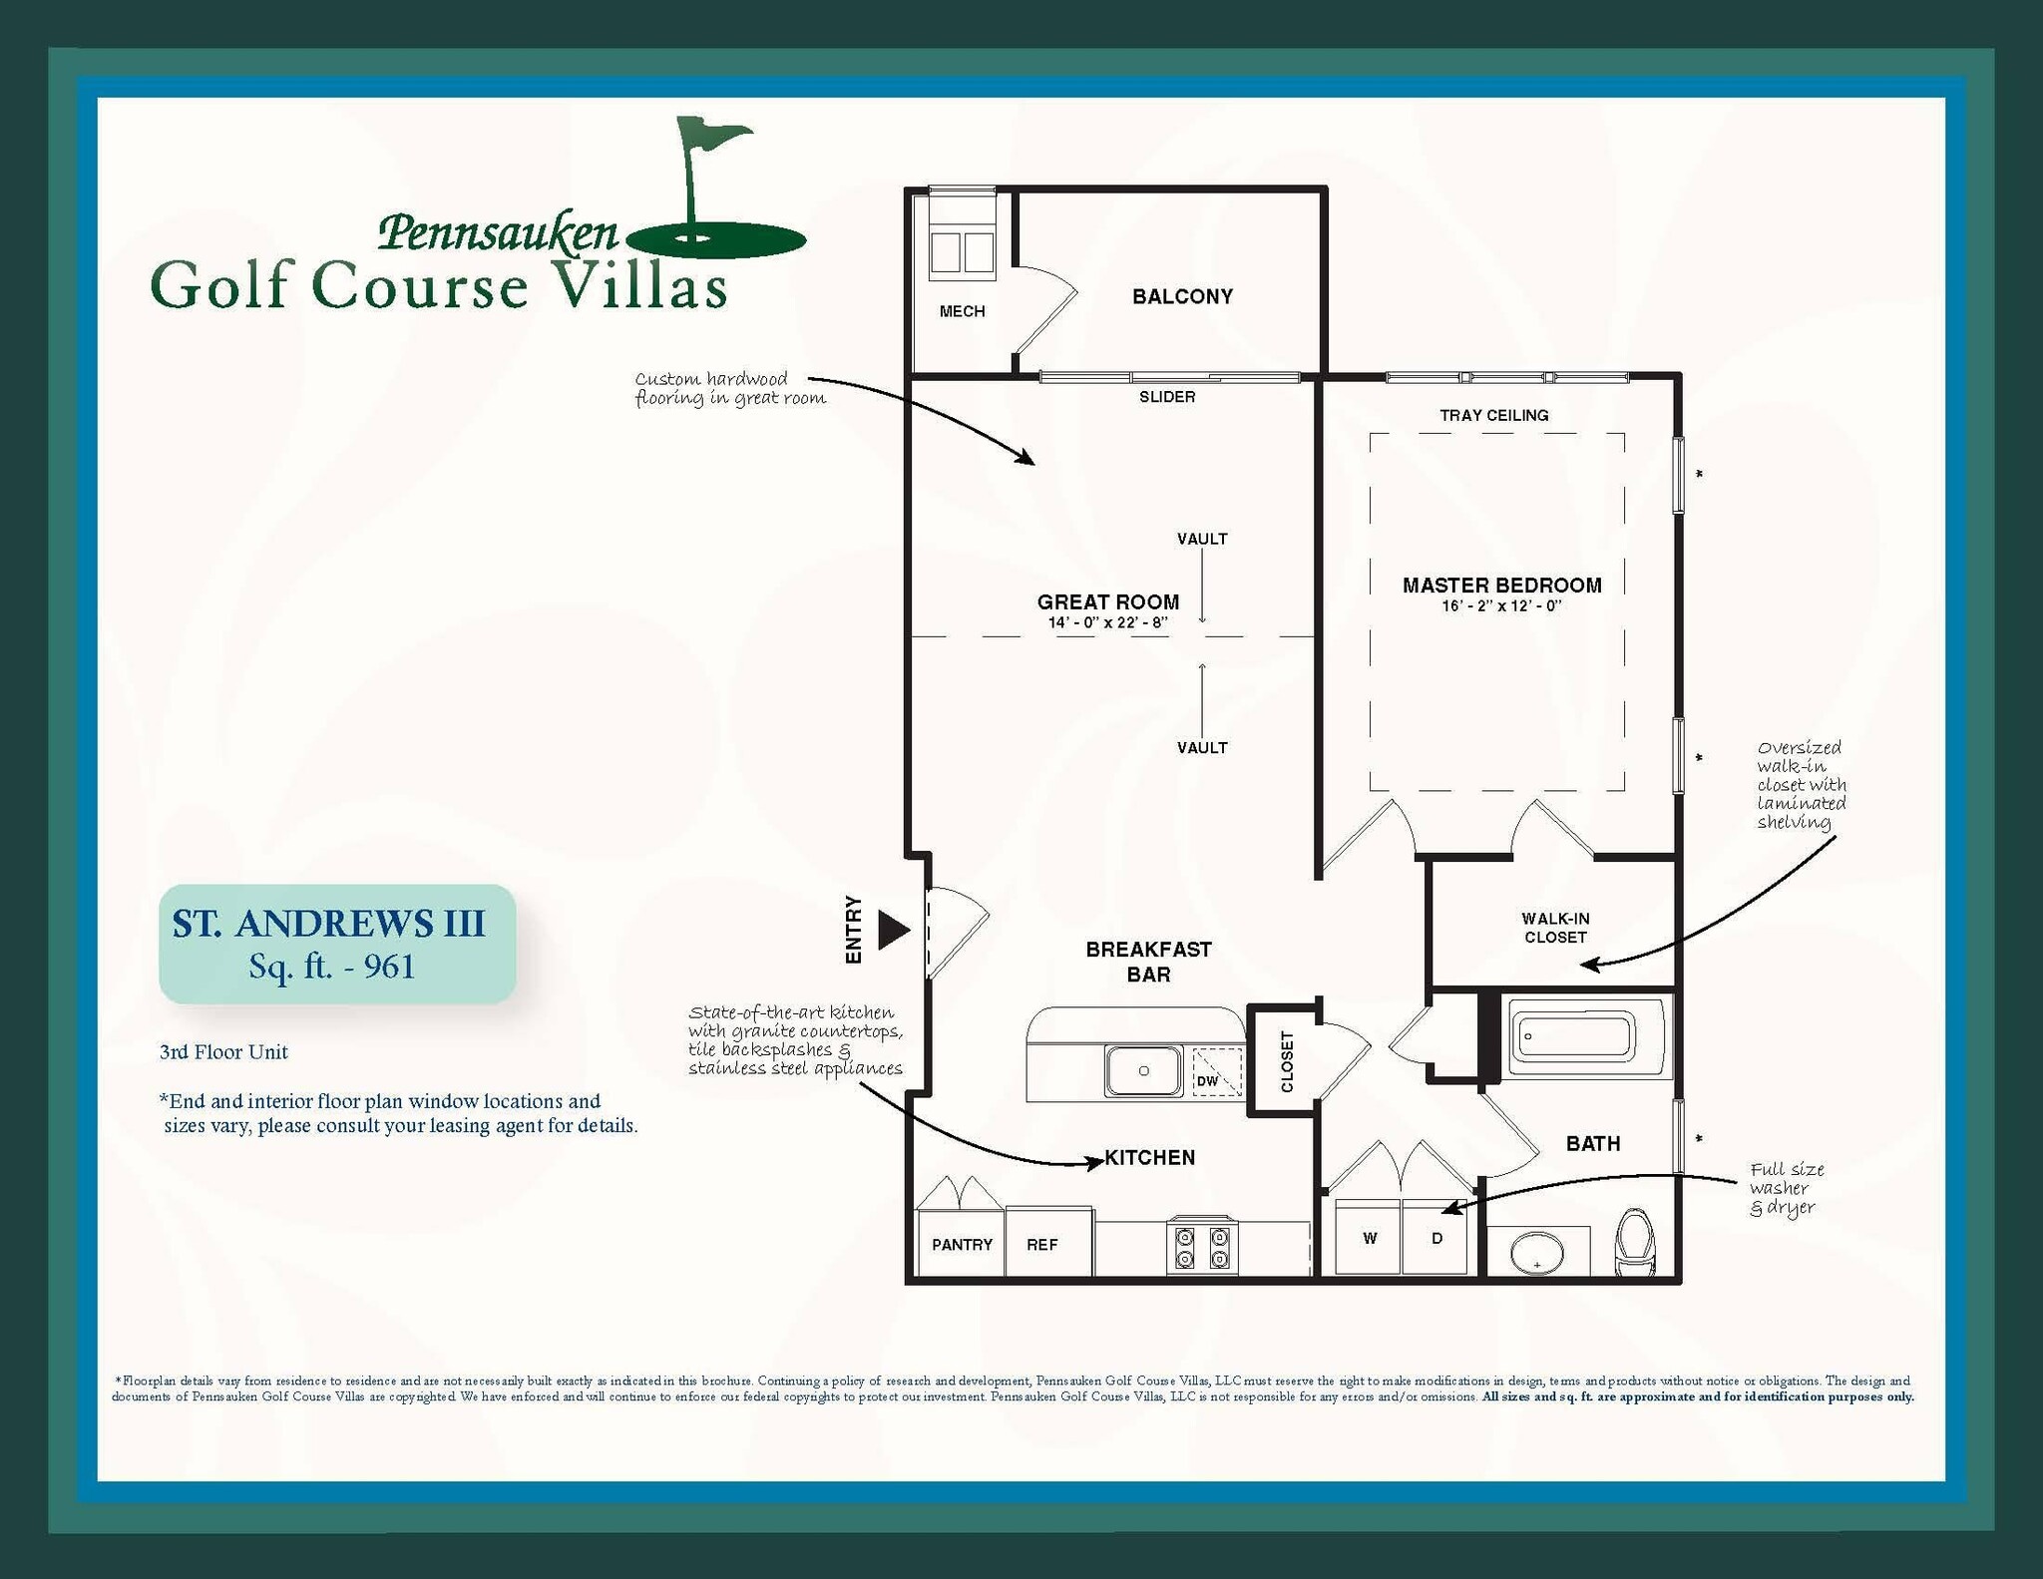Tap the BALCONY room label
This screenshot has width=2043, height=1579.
tap(1182, 296)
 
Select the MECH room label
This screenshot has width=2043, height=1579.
tap(962, 311)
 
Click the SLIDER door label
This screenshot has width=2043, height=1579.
tap(1167, 397)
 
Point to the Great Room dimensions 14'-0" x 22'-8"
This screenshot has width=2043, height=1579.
tap(1107, 623)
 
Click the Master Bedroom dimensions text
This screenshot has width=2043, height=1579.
tap(1500, 606)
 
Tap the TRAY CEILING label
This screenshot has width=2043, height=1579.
tap(1493, 415)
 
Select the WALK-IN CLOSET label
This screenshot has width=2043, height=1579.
tap(1554, 928)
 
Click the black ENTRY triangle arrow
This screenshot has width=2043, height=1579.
tap(893, 930)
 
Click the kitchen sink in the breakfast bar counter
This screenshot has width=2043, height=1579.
tap(1143, 1070)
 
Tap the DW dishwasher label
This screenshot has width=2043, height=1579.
tap(1207, 1081)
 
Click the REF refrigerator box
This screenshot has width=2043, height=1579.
tap(1043, 1244)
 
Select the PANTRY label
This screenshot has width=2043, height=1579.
tap(962, 1245)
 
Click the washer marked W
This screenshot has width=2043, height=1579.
tap(1370, 1238)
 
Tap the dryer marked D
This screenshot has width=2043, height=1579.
tap(1436, 1238)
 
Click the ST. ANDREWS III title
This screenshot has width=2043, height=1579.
tap(328, 924)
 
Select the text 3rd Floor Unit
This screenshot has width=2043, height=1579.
tap(223, 1051)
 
